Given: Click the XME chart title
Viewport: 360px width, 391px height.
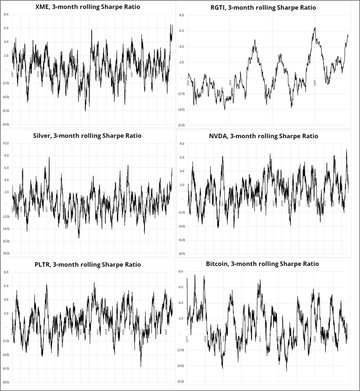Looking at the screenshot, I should tap(88, 7).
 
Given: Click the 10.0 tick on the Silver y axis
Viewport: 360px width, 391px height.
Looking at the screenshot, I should tap(5, 143).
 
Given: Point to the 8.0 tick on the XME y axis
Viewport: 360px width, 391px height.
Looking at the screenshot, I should tap(6, 14).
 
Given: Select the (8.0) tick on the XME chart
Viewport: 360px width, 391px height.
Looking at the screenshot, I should tap(6, 124).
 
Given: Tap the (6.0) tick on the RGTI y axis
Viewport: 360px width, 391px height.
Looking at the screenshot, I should tap(181, 125).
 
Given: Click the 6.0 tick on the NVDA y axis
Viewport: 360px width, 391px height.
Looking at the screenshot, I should tap(182, 157).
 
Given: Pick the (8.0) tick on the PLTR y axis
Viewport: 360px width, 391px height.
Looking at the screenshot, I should tap(6, 382).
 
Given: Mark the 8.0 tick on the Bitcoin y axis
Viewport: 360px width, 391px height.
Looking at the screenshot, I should tap(181, 272).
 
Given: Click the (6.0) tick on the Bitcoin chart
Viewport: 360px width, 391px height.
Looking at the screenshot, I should tap(181, 381).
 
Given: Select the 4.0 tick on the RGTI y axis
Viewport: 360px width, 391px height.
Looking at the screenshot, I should tap(182, 47).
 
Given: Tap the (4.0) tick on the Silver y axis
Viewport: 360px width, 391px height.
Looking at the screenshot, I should tap(6, 229).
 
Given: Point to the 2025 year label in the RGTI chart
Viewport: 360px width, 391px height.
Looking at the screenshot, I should tap(315, 84).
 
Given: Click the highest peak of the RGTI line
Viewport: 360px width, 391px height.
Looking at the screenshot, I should tap(315, 28).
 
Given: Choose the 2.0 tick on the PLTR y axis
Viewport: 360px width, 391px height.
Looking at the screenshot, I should tap(6, 314).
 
